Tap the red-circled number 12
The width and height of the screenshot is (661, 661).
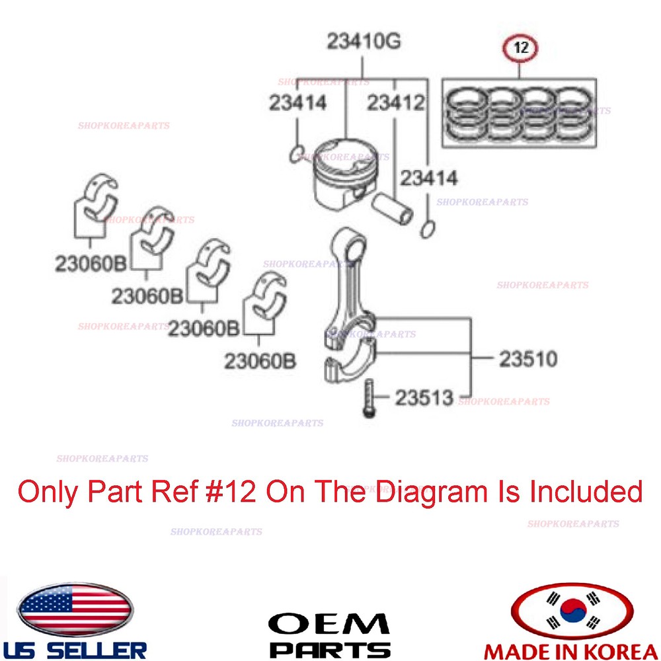tap(520, 48)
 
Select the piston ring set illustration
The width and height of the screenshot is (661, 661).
tap(519, 112)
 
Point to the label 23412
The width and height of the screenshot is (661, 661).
tap(395, 103)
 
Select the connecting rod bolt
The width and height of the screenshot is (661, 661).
tap(368, 397)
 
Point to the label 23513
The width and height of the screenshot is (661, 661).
tap(424, 398)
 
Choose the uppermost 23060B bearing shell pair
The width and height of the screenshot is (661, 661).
tap(98, 202)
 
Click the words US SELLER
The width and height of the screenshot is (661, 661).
tap(74, 648)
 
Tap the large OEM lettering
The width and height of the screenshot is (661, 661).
tap(329, 624)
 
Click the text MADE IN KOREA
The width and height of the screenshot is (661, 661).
tap(572, 649)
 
